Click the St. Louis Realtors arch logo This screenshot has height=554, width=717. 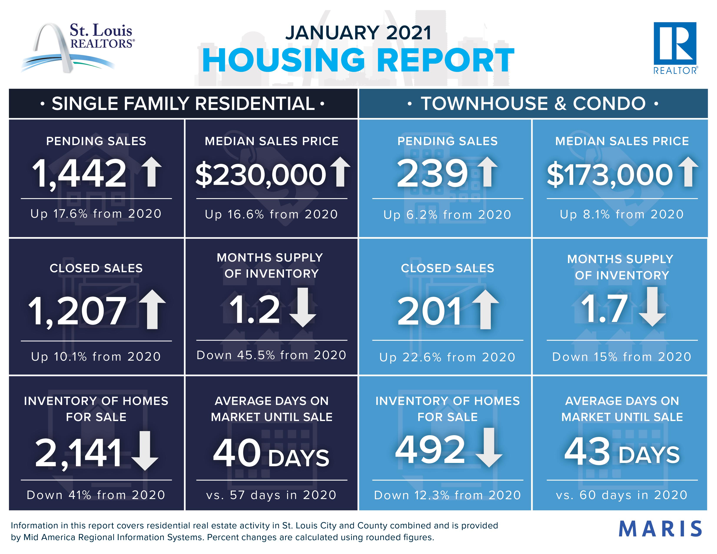(x=77, y=47)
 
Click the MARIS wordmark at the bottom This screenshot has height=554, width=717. (x=660, y=529)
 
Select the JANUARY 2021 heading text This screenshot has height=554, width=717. (x=358, y=33)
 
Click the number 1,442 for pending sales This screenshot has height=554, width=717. (x=79, y=173)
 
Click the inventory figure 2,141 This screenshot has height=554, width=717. (x=79, y=453)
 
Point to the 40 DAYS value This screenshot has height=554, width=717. (x=271, y=453)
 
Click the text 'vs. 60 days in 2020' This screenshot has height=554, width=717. (x=621, y=495)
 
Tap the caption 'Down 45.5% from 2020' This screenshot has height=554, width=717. (x=271, y=355)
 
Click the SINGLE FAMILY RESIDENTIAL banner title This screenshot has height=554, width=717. (x=183, y=103)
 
